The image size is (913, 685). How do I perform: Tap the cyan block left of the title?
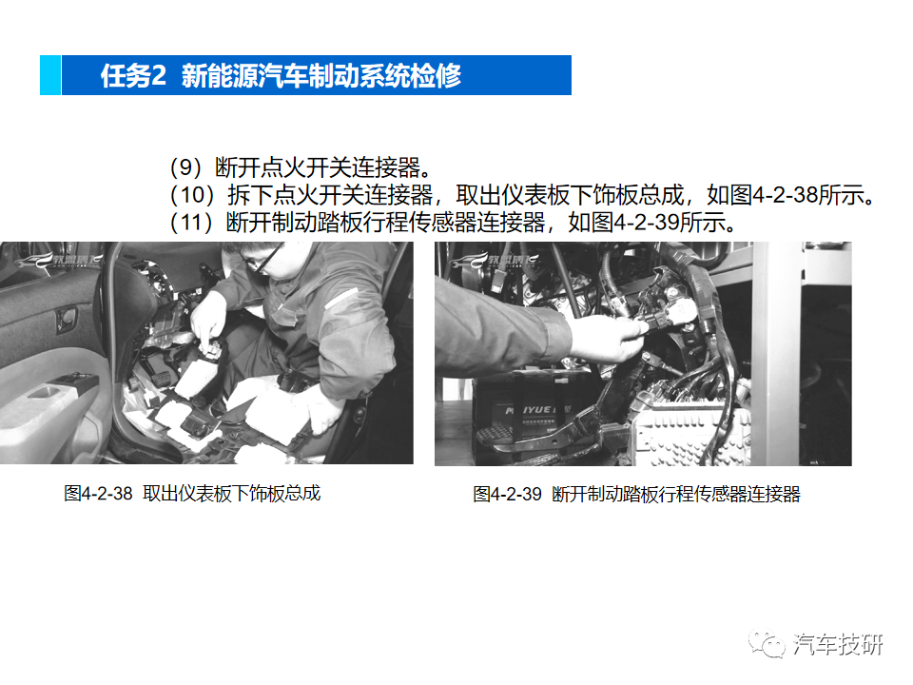point(49,75)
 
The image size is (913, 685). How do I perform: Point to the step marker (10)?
point(192,196)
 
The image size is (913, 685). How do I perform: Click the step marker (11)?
point(192,223)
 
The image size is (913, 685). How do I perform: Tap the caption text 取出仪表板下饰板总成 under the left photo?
point(232,494)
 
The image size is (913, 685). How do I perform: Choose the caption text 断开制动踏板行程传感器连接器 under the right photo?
point(676,495)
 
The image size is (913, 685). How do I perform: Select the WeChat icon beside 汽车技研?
point(767,644)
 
